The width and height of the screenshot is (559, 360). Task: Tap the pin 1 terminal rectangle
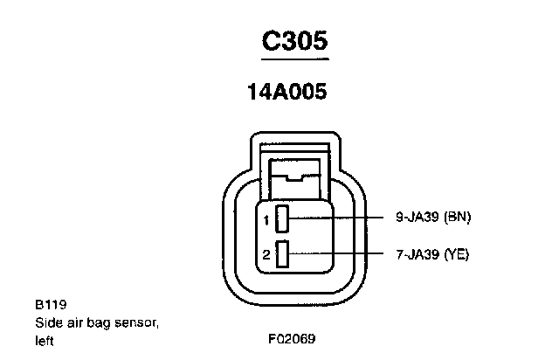(282, 218)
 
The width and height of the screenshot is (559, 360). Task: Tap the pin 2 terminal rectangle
(282, 254)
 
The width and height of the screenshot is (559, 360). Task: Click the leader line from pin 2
(341, 254)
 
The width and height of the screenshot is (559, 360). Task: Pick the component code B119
(48, 307)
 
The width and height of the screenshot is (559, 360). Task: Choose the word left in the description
(44, 340)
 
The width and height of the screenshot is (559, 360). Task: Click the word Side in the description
(47, 323)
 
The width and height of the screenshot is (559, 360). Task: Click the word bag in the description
(102, 324)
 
